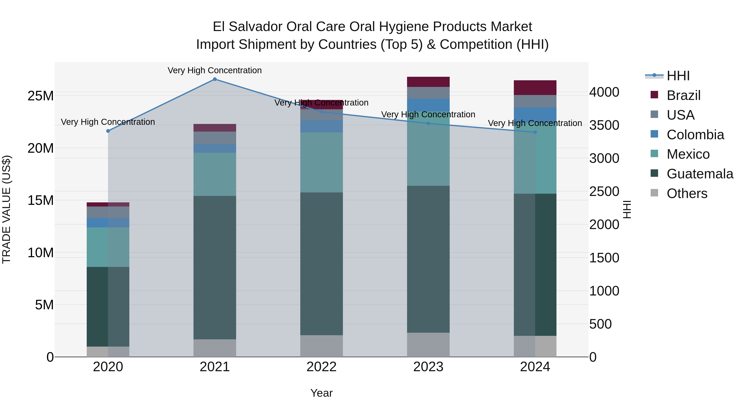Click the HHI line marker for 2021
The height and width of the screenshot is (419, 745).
pos(215,79)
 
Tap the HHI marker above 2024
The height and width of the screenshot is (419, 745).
pos(535,132)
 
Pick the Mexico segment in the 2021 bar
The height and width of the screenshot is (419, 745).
pos(215,174)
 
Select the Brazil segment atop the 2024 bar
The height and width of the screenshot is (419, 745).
pos(535,88)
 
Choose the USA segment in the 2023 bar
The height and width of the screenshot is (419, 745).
pos(428,93)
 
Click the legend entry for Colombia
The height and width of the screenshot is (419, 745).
pos(695,135)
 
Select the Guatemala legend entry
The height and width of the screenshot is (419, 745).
pos(700,174)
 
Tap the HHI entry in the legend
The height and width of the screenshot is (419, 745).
pos(678,76)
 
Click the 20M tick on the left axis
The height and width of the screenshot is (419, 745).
pos(41,148)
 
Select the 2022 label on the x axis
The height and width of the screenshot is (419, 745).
pos(321,367)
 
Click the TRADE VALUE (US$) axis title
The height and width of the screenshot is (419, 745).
pos(7,209)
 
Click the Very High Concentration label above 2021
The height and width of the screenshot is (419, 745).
pos(215,70)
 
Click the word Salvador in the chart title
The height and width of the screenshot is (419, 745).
pos(258,27)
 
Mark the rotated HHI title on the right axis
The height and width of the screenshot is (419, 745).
pos(627,209)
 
